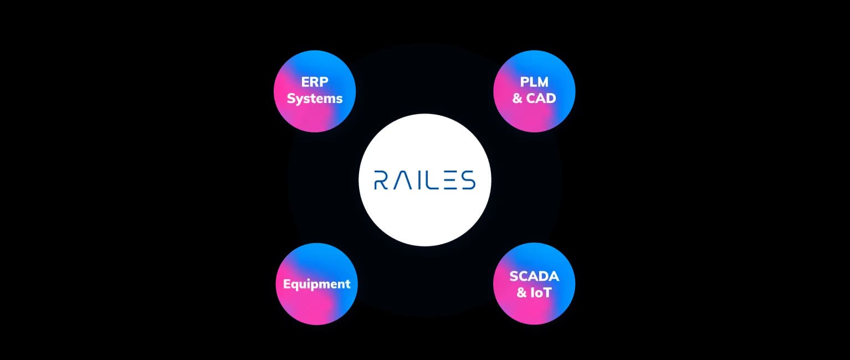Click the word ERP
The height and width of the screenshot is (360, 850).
point(315,82)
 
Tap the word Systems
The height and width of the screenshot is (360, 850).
point(315,99)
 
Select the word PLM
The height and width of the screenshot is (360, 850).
point(534,82)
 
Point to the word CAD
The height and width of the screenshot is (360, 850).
point(541,99)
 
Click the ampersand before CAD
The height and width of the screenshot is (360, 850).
point(518,99)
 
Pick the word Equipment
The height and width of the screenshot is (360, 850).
point(316,284)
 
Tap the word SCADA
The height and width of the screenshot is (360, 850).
point(534,276)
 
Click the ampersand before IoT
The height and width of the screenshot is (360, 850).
point(522,292)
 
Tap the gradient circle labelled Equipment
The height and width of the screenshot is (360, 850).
point(316,307)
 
